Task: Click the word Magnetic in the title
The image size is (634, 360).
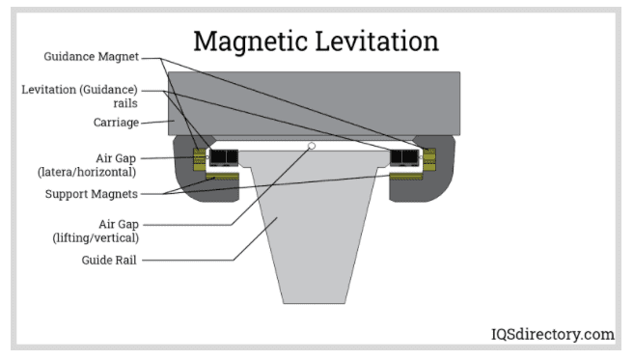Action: pos(253,42)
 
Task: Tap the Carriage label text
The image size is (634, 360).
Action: pos(119,123)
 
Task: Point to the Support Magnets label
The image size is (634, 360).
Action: pos(101,193)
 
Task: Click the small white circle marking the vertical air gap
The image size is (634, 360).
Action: pos(312,147)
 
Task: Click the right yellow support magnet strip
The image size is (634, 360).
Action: pos(404,177)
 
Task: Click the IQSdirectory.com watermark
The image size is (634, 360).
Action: pos(549,335)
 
